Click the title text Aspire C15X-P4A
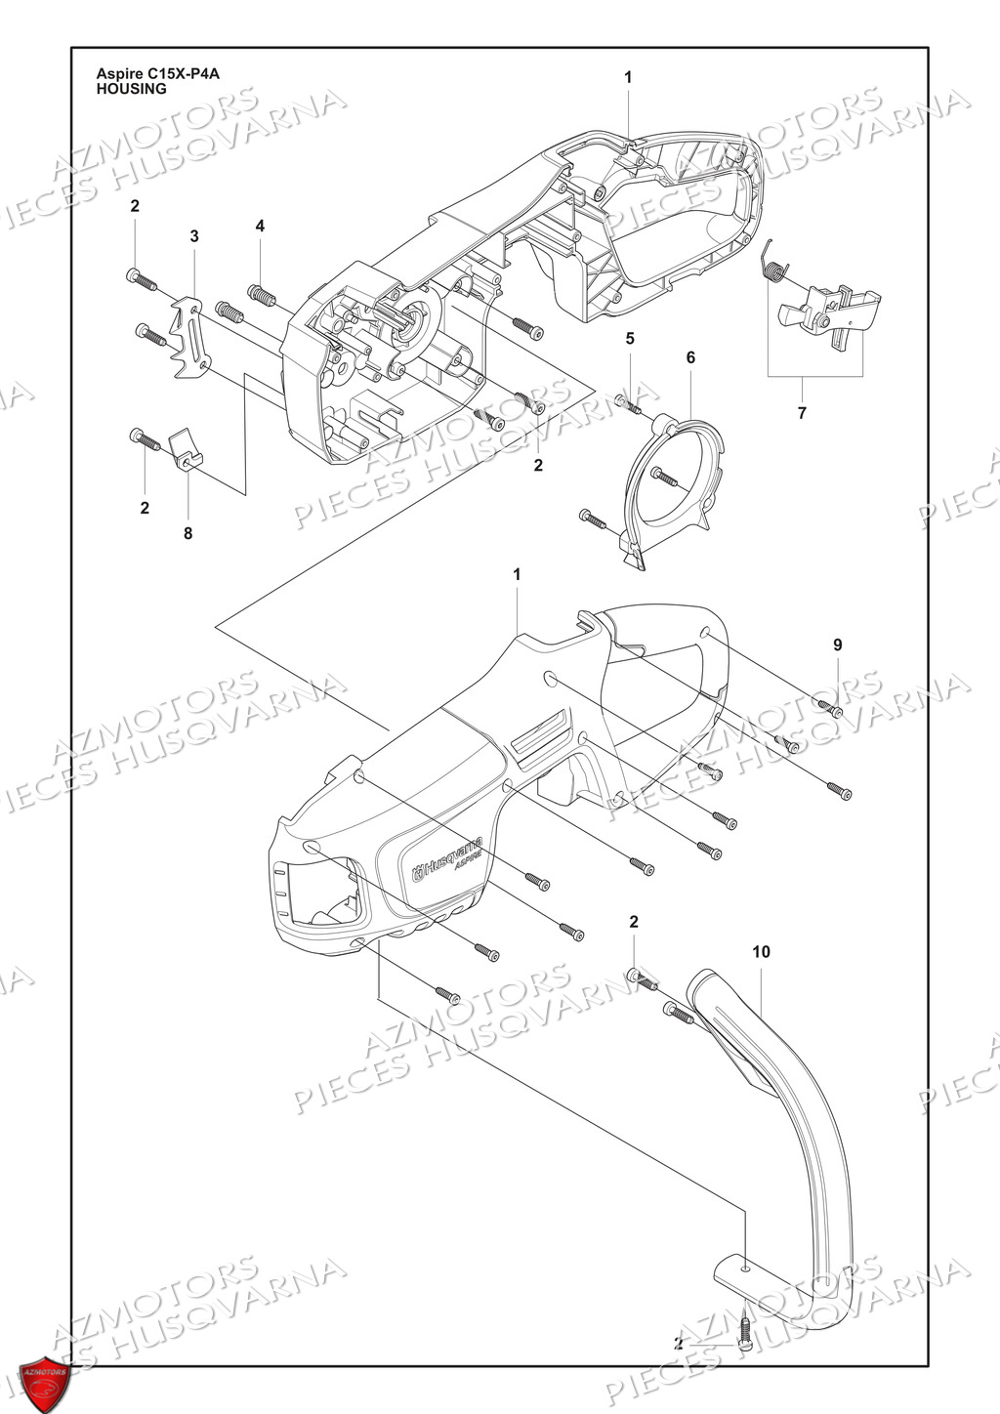tap(157, 73)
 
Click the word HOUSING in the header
tap(131, 89)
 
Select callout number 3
tap(194, 236)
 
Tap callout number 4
tap(260, 226)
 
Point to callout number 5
tap(630, 339)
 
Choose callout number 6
tap(690, 358)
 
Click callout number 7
tap(802, 413)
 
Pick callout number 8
tap(187, 533)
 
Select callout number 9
tap(838, 645)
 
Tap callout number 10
tap(762, 951)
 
